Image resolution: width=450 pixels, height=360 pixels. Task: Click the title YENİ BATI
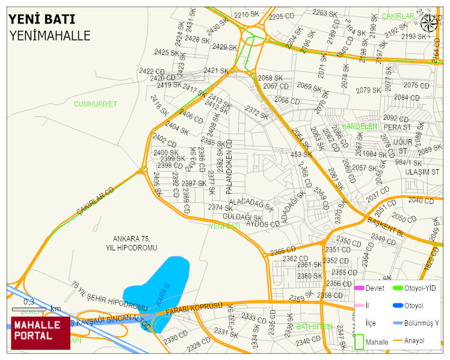[42, 19]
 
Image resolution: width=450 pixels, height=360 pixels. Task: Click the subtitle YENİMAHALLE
[50, 36]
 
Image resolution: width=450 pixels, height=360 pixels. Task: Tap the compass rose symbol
[429, 23]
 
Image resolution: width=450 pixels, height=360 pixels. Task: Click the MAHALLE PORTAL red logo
[40, 332]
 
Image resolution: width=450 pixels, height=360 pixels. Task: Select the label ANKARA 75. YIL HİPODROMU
[131, 243]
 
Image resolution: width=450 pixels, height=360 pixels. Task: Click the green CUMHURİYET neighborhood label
[95, 104]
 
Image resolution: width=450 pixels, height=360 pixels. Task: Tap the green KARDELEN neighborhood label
[359, 126]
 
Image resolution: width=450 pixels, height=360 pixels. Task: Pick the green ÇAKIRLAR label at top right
[398, 16]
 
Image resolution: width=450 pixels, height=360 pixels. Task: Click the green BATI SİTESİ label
[314, 326]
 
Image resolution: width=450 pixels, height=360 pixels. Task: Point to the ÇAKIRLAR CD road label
[95, 200]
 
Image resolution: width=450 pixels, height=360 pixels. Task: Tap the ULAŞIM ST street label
[422, 172]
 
